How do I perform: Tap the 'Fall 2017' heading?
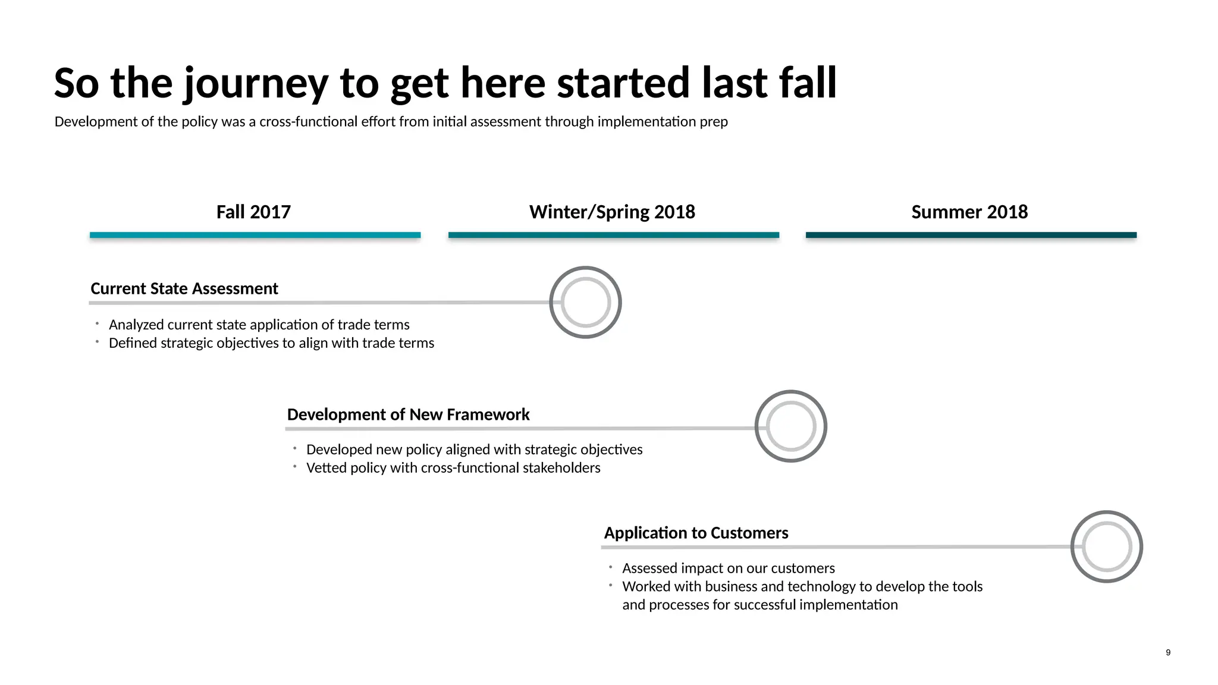(253, 212)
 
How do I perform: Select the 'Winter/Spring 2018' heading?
(612, 212)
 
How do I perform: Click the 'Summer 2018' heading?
(969, 212)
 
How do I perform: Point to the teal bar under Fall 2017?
(255, 235)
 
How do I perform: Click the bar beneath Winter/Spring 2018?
(613, 235)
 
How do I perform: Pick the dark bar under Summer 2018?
(971, 235)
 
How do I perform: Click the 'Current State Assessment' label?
(184, 288)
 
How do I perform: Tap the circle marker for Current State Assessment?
(585, 302)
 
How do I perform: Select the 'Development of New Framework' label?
(408, 414)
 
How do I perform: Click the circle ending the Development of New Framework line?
(790, 426)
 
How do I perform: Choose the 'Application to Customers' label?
(696, 533)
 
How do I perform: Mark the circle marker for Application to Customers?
(1106, 546)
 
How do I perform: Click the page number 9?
(1168, 652)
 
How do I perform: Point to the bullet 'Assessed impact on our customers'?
(728, 568)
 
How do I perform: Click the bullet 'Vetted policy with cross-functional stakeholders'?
(453, 468)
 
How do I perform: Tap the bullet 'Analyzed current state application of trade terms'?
(259, 325)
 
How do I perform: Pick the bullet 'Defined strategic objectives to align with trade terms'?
(271, 343)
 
